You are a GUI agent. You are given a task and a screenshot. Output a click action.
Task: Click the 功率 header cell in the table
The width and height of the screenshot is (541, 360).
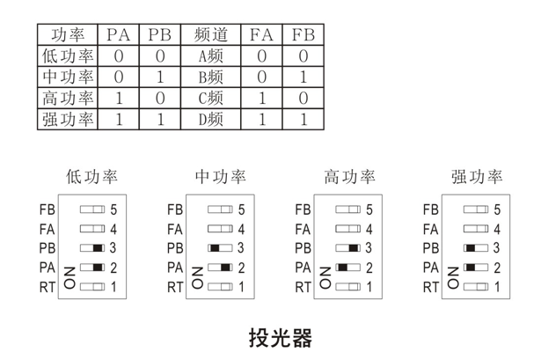[69, 36]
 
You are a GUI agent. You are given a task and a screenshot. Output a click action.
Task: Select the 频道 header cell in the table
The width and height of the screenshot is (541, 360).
[212, 36]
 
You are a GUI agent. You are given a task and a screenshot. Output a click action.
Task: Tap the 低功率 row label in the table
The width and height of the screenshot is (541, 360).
[69, 56]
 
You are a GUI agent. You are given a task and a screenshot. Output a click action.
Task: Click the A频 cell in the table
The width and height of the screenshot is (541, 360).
[212, 56]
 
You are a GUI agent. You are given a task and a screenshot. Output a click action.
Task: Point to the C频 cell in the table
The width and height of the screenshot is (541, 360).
[212, 98]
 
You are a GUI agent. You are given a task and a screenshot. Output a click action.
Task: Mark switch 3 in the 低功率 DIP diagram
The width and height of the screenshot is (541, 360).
[92, 248]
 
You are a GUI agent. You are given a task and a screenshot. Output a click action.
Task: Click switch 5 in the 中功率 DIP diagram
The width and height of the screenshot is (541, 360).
[220, 210]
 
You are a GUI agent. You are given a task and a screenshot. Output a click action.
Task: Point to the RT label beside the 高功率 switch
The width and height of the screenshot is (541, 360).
[303, 287]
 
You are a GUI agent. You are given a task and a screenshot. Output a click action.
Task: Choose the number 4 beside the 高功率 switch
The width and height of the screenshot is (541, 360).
[369, 230]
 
